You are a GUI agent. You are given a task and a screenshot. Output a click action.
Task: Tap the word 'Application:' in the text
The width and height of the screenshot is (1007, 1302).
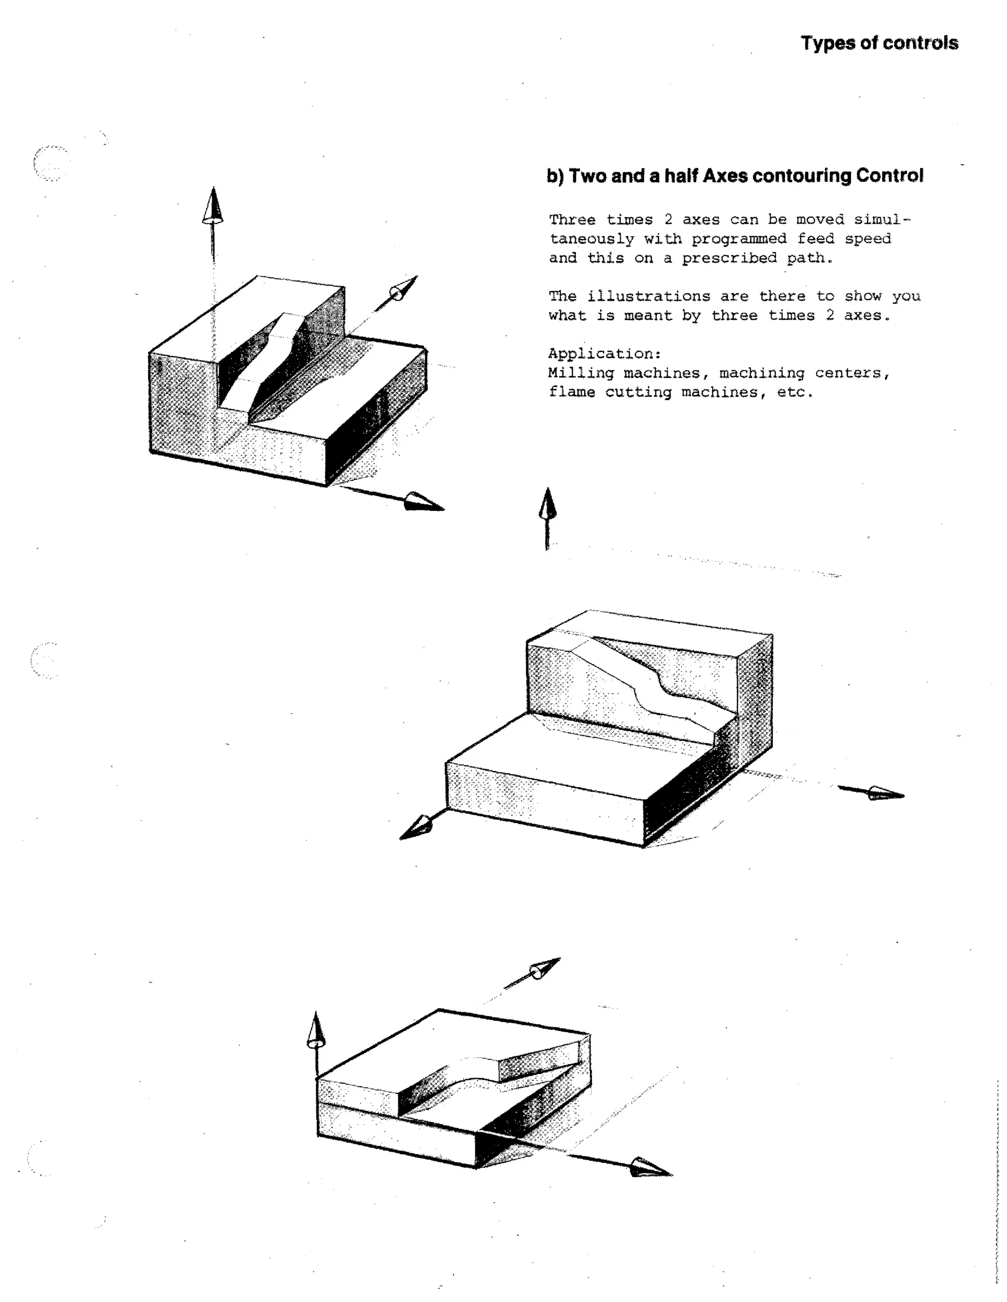point(604,354)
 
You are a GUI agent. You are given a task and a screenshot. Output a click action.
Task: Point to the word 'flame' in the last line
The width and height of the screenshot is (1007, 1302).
point(571,392)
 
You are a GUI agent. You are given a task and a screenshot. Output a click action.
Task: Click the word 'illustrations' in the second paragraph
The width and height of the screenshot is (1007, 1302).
point(649,296)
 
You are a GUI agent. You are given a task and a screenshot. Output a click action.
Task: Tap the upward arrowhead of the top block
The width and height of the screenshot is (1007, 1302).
point(212,206)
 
